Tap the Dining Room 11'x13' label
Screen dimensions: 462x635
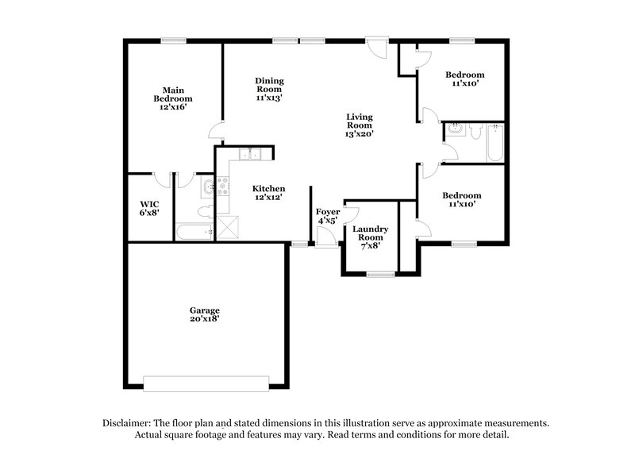point(270,89)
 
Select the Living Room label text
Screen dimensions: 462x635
point(359,125)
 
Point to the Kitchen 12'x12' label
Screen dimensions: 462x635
point(268,192)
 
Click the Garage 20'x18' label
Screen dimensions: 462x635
point(204,314)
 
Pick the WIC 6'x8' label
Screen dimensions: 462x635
point(148,208)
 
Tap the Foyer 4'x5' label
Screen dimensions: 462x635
point(328,216)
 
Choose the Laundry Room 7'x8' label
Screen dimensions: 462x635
point(370,237)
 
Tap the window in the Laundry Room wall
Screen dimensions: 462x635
point(380,274)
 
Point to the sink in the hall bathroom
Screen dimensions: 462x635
point(456,129)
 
